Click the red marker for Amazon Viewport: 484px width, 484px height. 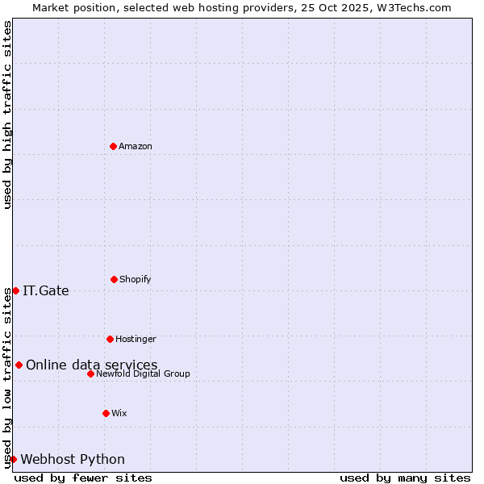(x=113, y=146)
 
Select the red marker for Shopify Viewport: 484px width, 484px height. (x=114, y=279)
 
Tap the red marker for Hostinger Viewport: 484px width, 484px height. (x=110, y=339)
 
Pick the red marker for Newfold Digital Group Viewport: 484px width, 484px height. (x=90, y=373)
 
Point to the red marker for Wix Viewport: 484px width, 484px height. (x=106, y=413)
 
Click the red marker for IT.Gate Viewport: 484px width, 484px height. (x=15, y=290)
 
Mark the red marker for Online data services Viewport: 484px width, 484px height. (x=19, y=365)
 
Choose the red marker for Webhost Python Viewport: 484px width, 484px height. (x=13, y=459)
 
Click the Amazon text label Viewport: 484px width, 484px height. (x=136, y=146)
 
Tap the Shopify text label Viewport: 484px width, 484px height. (x=136, y=279)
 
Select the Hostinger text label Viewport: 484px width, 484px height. (x=136, y=339)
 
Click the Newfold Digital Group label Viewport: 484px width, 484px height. (x=143, y=373)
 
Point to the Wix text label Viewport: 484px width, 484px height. (x=119, y=413)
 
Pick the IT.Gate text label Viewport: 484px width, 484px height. (x=46, y=290)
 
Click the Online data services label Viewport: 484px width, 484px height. (x=92, y=365)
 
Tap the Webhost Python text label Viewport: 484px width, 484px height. (x=73, y=459)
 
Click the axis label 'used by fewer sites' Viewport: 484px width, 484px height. (x=83, y=478)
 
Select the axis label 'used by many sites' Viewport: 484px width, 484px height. (x=405, y=478)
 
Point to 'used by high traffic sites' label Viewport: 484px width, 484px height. (x=7, y=115)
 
